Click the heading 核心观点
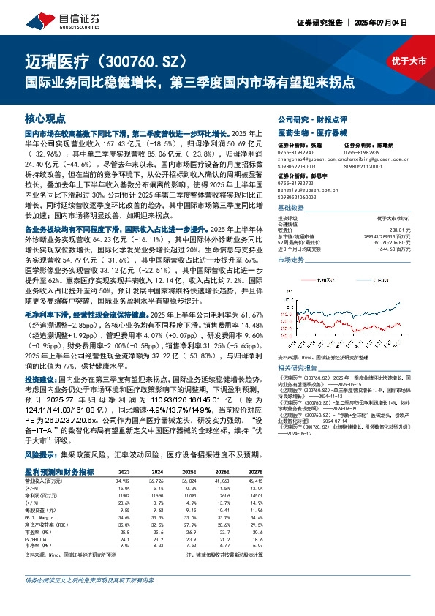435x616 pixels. pos(45,118)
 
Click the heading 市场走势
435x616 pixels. pos(291,259)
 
